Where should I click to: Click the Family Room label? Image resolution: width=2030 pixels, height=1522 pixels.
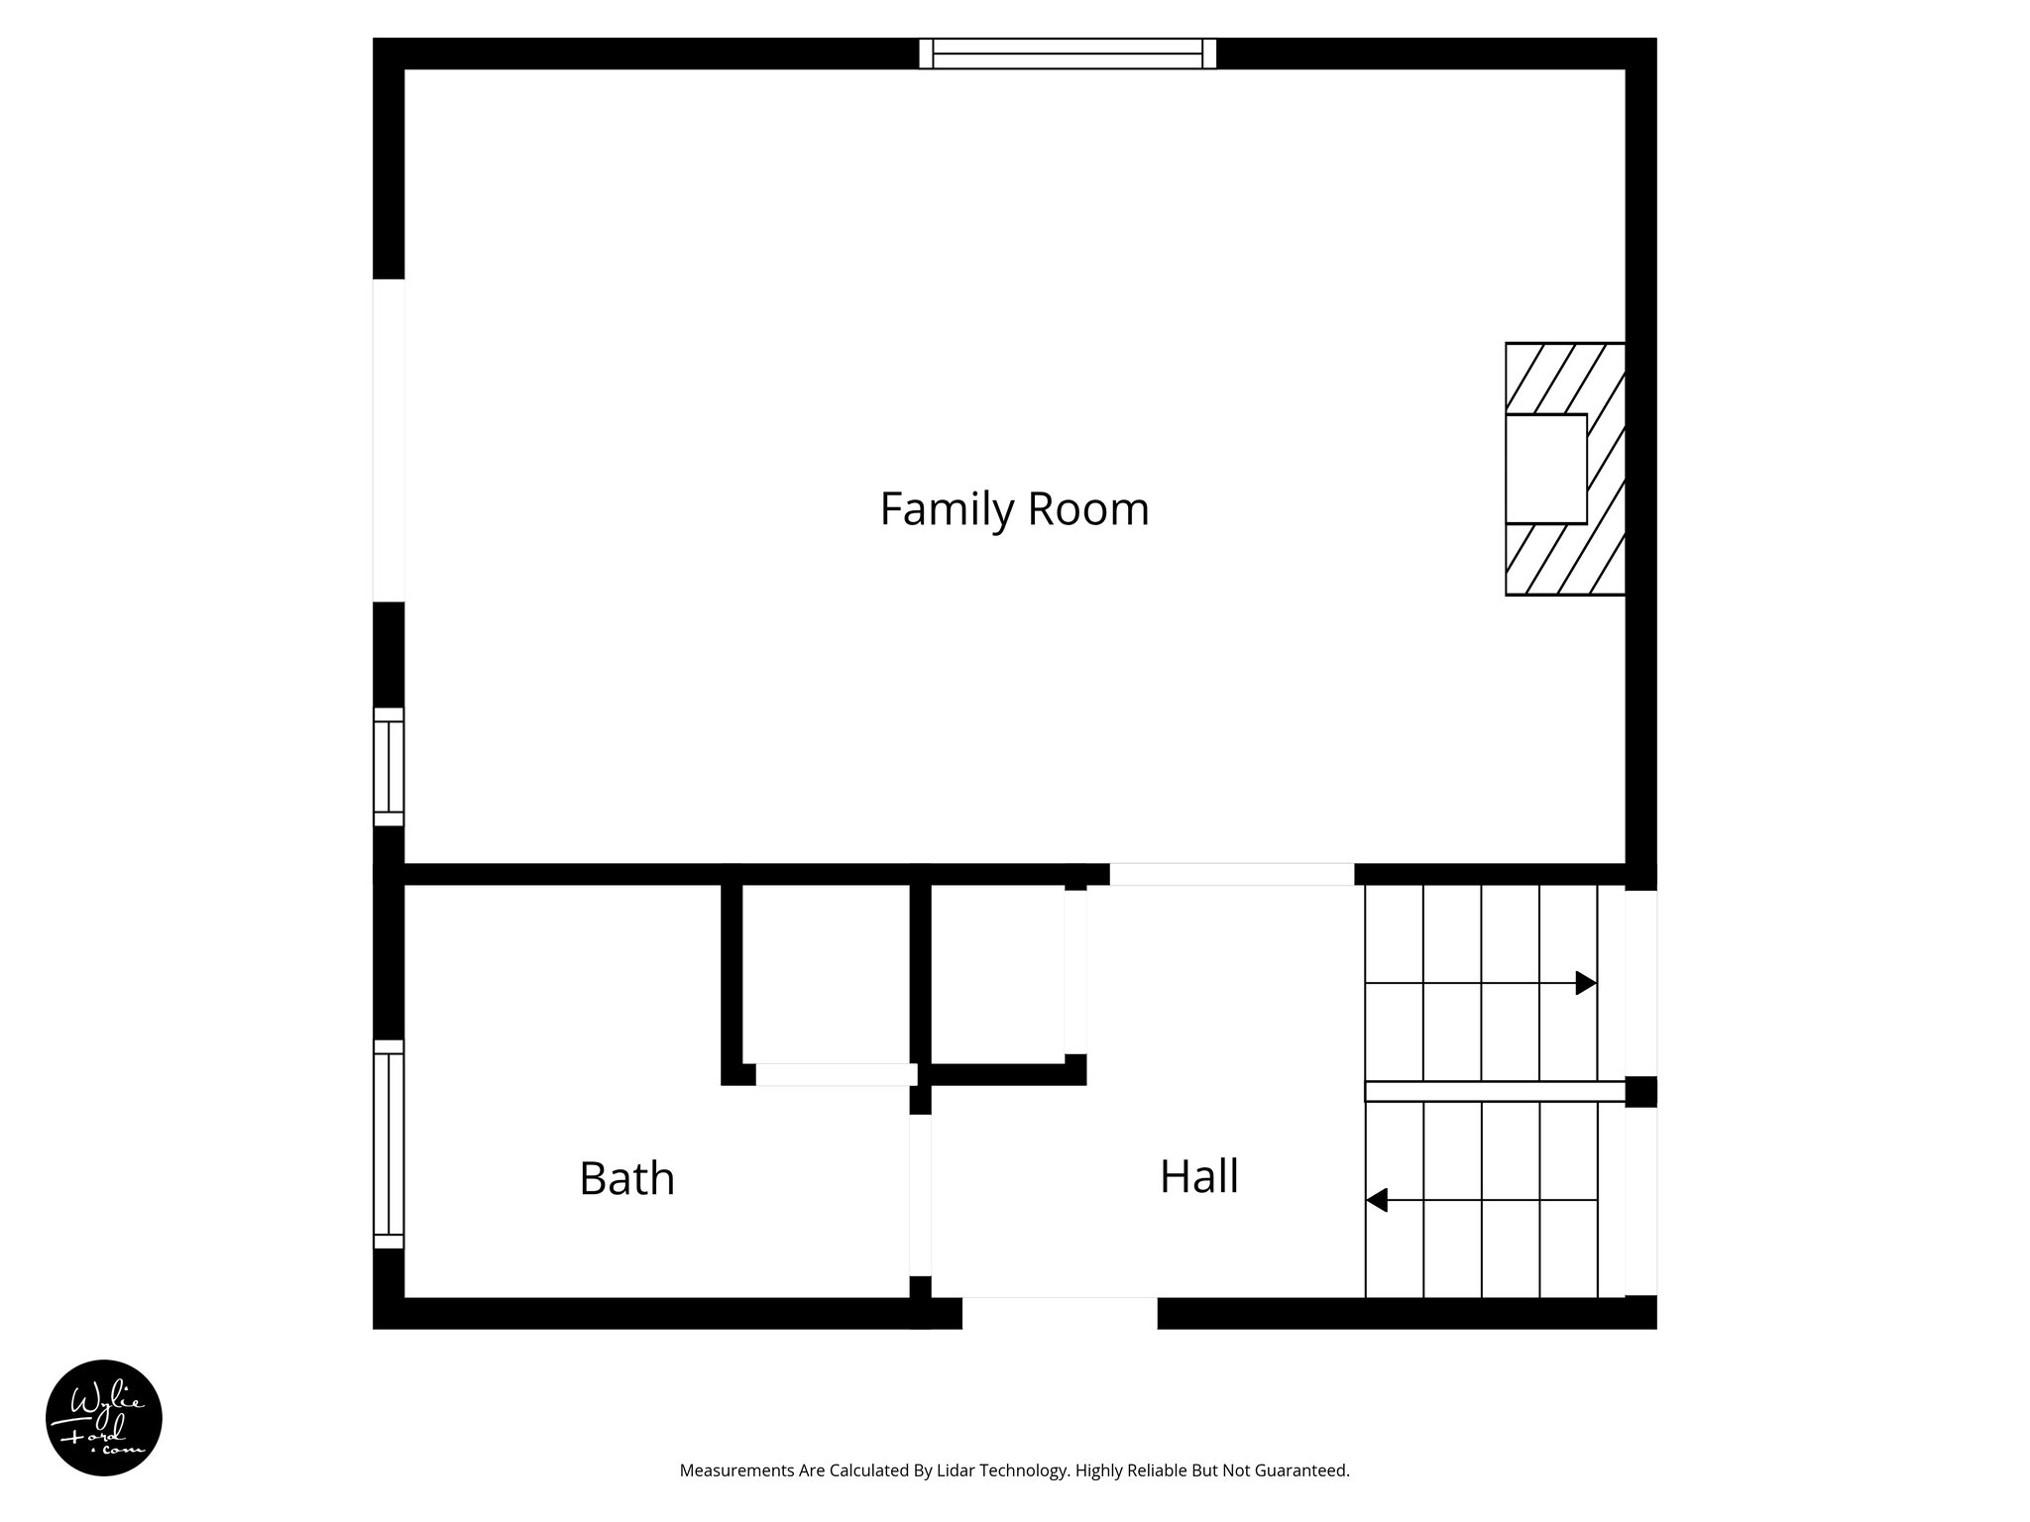tap(1014, 509)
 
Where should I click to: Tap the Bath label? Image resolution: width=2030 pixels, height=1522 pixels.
tap(626, 1178)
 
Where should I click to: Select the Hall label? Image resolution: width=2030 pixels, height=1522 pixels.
tap(1198, 1176)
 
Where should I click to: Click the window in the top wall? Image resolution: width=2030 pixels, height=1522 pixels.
tap(1068, 54)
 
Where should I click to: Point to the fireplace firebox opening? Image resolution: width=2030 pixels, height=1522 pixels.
tap(1545, 469)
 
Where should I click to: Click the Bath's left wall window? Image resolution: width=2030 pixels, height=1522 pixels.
tap(389, 1143)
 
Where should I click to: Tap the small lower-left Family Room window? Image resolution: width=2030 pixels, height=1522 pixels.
tap(389, 767)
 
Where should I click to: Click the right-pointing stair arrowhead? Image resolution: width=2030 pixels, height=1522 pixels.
tap(1586, 983)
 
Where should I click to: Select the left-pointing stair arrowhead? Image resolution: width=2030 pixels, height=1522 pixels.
tap(1376, 1200)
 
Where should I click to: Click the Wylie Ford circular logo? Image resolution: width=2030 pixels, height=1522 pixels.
tap(104, 1418)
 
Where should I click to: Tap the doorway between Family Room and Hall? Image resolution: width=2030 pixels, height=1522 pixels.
tap(1231, 874)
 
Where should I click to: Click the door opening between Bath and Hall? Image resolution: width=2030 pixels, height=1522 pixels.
tap(920, 1195)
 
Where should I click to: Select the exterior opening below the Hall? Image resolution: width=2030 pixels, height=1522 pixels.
tap(1059, 1312)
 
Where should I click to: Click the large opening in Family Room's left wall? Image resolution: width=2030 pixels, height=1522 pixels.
tap(389, 440)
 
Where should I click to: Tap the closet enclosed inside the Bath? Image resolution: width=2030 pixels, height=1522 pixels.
tap(826, 973)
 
